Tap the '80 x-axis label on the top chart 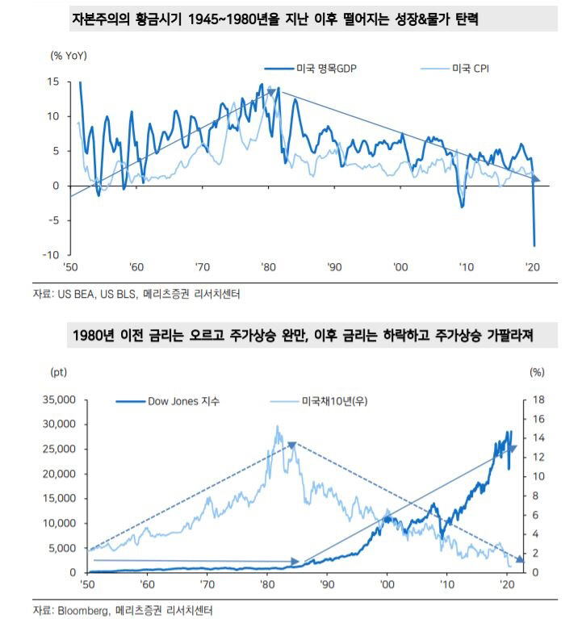pos(266,267)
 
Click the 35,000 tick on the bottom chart pos(56,399)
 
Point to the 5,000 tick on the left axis pos(58,548)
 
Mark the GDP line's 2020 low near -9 pos(534,245)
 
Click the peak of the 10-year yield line pos(277,427)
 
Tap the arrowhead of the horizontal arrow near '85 pos(296,560)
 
